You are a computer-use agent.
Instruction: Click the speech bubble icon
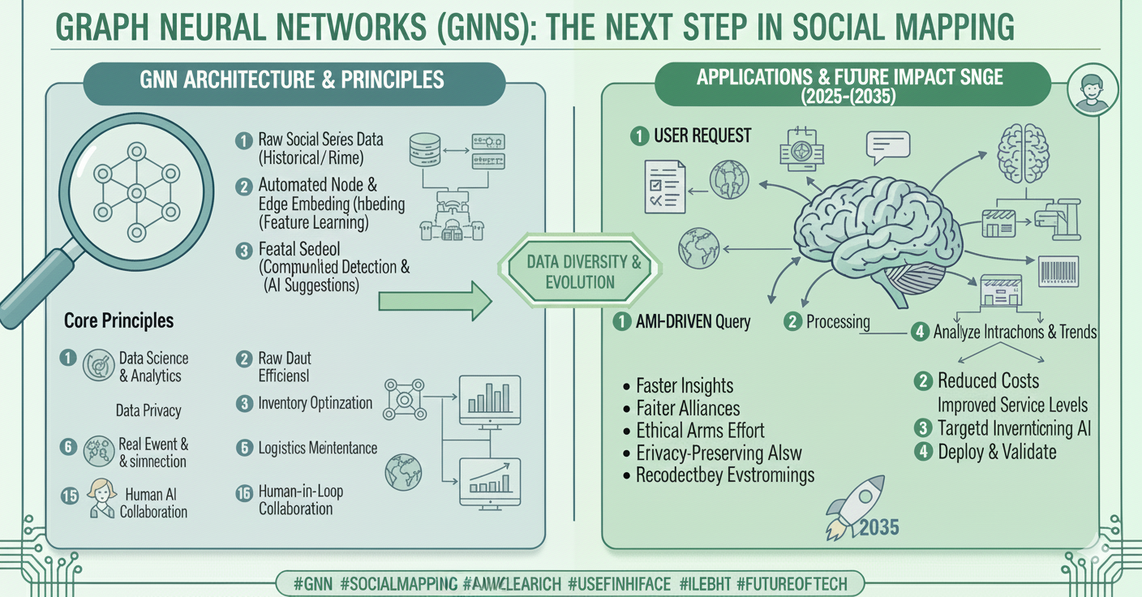pos(888,148)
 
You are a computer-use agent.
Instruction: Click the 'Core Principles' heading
pos(118,320)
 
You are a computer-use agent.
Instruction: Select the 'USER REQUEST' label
pos(702,135)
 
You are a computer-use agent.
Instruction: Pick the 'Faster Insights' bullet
pos(685,385)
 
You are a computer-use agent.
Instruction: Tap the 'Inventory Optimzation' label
pos(316,402)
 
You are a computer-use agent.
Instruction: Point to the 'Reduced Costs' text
pos(988,380)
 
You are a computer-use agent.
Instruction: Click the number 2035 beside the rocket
pos(878,527)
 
